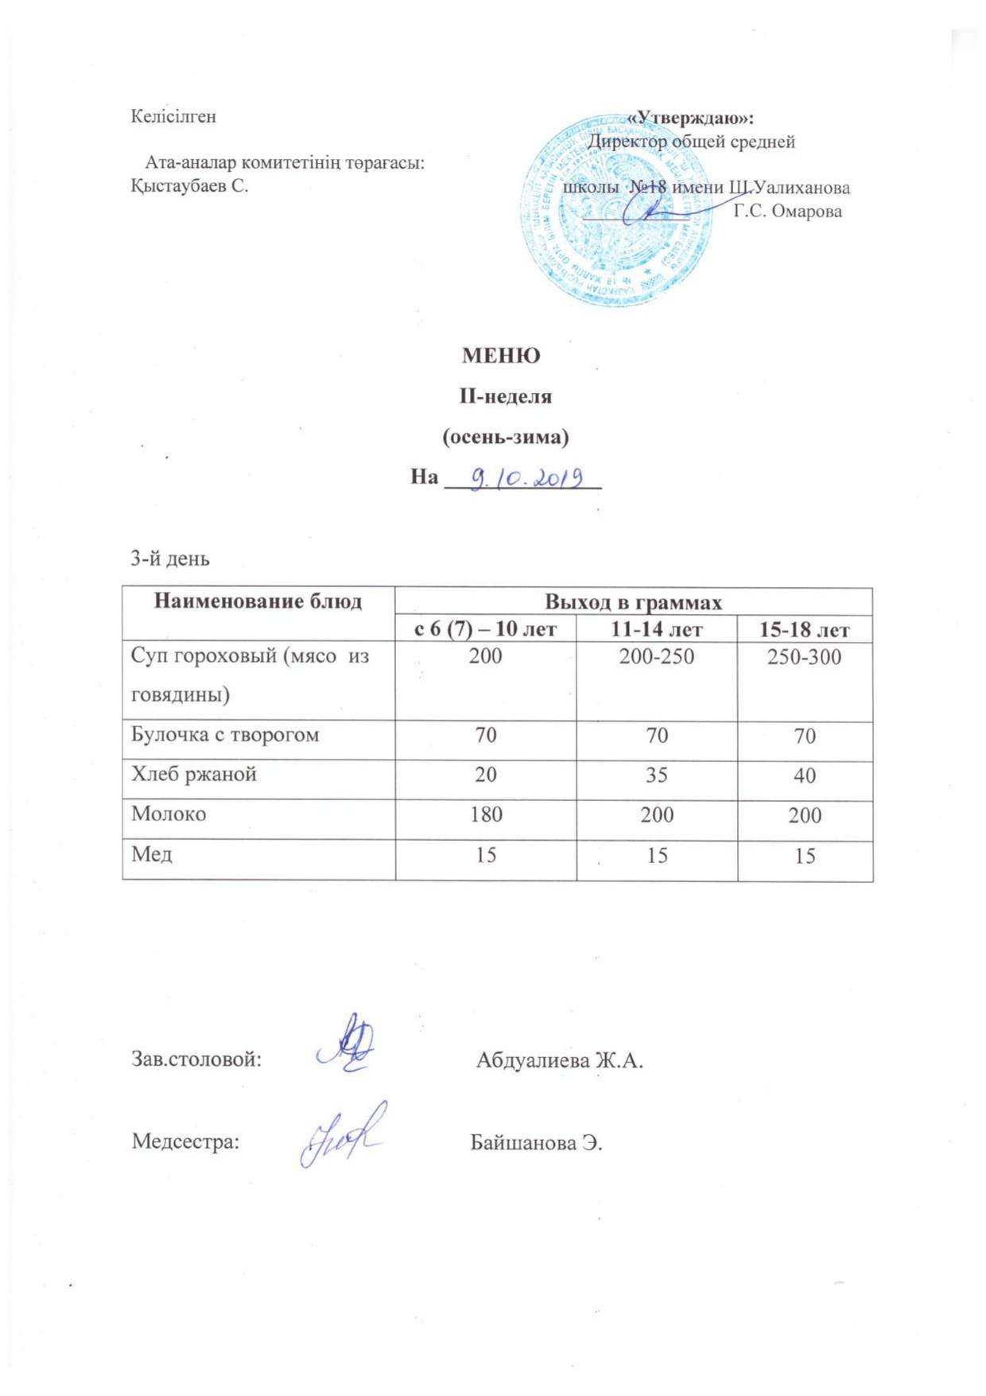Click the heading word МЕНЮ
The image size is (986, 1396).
click(x=501, y=356)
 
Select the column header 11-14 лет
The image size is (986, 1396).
click(x=657, y=630)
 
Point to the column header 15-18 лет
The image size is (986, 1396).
click(x=805, y=630)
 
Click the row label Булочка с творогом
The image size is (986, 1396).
click(x=225, y=734)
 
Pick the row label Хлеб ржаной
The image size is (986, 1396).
click(x=194, y=774)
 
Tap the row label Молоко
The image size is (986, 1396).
click(x=169, y=814)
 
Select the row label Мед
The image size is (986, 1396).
click(x=152, y=854)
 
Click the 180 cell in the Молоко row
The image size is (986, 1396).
click(x=485, y=815)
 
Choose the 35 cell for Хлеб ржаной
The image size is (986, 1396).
click(x=657, y=775)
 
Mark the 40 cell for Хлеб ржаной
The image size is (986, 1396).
click(x=805, y=775)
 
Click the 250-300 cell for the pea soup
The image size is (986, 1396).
click(x=805, y=657)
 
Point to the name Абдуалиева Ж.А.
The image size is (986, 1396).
click(x=559, y=1060)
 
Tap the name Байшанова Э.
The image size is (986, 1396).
click(x=537, y=1143)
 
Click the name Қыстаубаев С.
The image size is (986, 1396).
click(x=189, y=188)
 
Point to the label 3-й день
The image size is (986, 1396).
click(x=170, y=558)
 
